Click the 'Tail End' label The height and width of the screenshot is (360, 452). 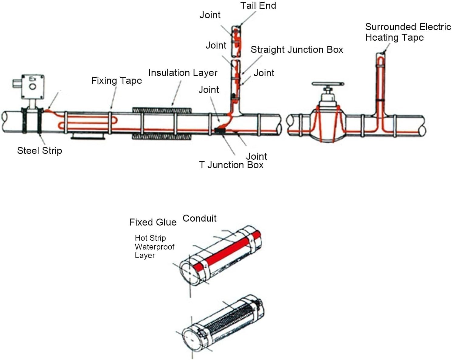tap(258, 6)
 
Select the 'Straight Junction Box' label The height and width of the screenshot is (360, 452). tap(296, 49)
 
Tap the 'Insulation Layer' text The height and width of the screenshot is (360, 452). tap(183, 73)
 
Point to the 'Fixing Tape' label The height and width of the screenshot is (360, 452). tap(116, 81)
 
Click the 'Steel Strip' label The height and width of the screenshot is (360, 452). tap(39, 151)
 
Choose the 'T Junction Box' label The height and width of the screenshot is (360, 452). tap(231, 165)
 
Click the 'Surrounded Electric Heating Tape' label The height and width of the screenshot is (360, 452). tap(407, 32)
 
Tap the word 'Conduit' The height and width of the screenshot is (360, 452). tap(200, 218)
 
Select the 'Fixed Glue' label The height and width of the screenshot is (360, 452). tap(153, 222)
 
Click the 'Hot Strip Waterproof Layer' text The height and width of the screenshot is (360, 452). tap(154, 246)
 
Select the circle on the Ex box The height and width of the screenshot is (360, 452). tap(32, 87)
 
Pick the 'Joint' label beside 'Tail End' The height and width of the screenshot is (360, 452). tap(210, 15)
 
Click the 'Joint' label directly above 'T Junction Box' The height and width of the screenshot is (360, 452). tap(256, 156)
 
